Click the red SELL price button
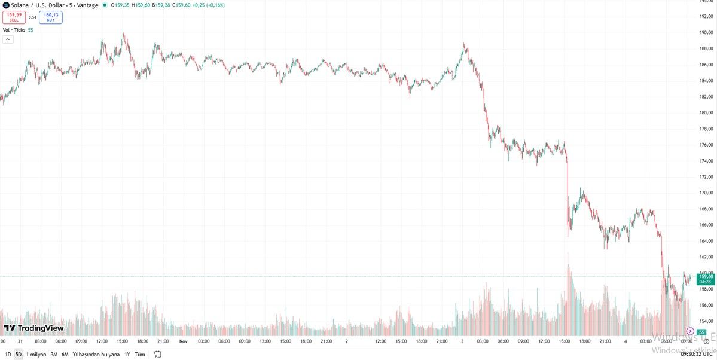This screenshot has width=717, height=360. point(14,17)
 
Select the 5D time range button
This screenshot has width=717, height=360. point(18,354)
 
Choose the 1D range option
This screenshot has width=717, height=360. point(8,354)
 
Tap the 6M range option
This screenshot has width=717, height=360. point(64,354)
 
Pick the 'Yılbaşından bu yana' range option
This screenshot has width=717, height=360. point(96,354)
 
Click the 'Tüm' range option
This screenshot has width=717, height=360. point(139,354)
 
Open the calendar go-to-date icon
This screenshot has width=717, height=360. point(158,354)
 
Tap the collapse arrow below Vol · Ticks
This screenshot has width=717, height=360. point(8,39)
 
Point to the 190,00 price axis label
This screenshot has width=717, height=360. point(707,32)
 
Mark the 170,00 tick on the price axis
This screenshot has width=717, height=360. point(707,193)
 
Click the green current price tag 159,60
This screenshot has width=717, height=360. point(706,276)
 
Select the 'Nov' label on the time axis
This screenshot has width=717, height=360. point(184,341)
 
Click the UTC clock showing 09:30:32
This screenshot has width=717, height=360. point(695,354)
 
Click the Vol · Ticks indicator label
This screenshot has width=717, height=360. point(14,30)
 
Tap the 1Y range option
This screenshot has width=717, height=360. point(127,354)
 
